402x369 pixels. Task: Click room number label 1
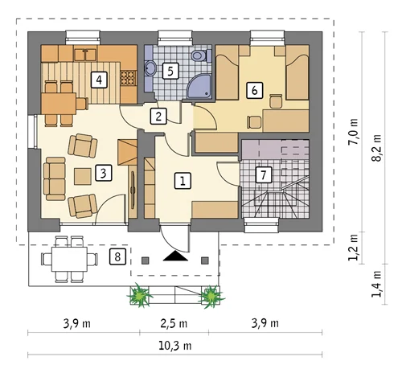coord(183,181)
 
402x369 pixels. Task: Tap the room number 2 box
coord(158,116)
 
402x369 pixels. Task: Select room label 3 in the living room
coord(104,173)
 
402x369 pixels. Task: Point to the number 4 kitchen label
coord(99,80)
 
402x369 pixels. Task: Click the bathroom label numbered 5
coord(170,71)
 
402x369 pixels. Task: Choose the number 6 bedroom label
coord(255,90)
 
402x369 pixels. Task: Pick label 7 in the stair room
coord(264,175)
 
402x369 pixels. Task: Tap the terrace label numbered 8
coord(117,256)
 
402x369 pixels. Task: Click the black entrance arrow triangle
coord(175,256)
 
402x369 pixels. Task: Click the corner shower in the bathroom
coord(199,86)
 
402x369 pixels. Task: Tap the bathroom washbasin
coord(150,68)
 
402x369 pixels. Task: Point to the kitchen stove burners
coord(128,77)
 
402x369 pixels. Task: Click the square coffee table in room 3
coord(83,176)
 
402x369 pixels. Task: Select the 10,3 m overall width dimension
coord(175,346)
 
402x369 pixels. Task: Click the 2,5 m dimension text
coord(174,324)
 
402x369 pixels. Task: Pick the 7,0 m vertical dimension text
coord(353,132)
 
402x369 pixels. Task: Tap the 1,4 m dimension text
coord(376,284)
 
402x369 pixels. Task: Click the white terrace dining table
coord(69,259)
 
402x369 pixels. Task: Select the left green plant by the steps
coord(139,295)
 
